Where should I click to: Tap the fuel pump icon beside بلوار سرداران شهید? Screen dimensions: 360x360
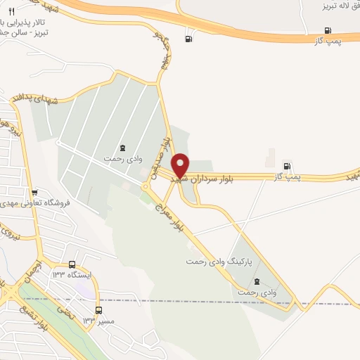(x=288, y=165)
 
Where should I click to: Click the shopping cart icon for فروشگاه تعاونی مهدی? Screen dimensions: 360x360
(x=34, y=193)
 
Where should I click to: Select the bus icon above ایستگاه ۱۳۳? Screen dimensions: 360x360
(x=72, y=265)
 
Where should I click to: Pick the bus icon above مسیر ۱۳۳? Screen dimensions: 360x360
(x=98, y=309)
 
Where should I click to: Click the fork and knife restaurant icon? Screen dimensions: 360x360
(x=11, y=12)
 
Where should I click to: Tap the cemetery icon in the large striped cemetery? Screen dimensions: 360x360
(x=124, y=148)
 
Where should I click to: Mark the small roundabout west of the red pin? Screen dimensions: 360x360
(x=146, y=187)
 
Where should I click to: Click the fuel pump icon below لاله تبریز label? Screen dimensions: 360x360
(x=328, y=30)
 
